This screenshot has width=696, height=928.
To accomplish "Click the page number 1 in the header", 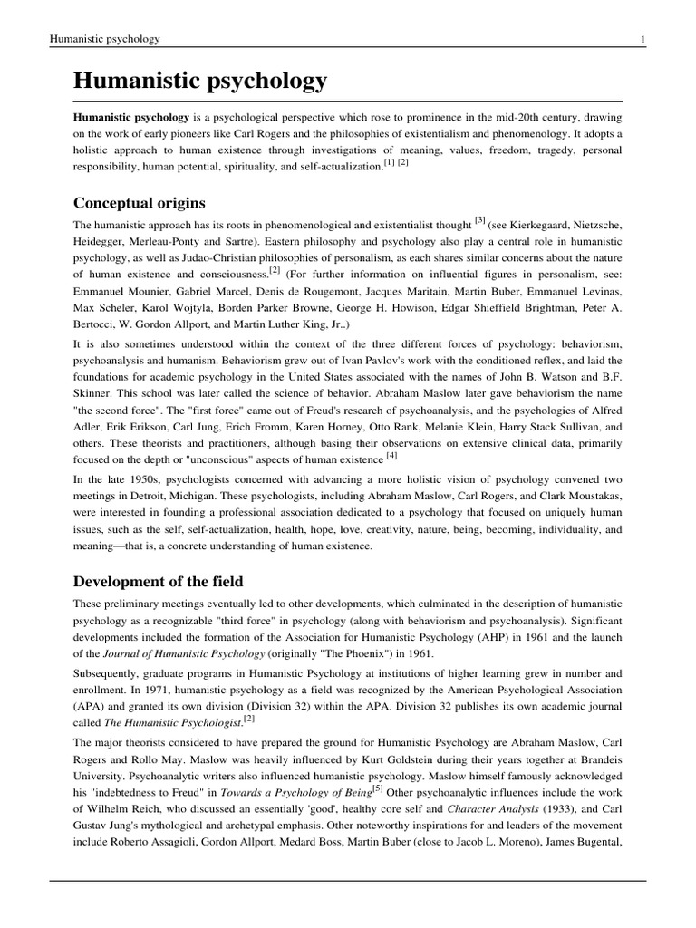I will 642,39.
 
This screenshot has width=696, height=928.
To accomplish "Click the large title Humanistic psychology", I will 200,82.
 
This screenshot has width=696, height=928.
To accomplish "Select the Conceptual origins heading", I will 140,202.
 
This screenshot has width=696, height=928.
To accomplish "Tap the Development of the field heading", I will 159,581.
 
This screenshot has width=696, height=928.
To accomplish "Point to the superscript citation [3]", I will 480,219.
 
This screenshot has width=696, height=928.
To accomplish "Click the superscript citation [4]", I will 391,455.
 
